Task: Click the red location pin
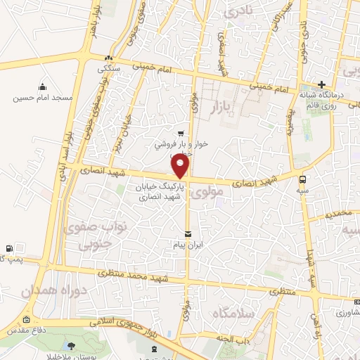pyautogui.click(x=181, y=166)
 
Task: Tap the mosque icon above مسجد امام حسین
pyautogui.click(x=42, y=86)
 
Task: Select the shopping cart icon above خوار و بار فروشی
pyautogui.click(x=181, y=132)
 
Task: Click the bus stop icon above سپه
pyautogui.click(x=302, y=179)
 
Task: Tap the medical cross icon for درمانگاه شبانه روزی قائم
pyautogui.click(x=321, y=84)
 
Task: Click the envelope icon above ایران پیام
pyautogui.click(x=188, y=234)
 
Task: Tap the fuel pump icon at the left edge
pyautogui.click(x=7, y=248)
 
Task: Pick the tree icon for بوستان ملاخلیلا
pyautogui.click(x=72, y=345)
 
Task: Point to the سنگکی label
pyautogui.click(x=112, y=69)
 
